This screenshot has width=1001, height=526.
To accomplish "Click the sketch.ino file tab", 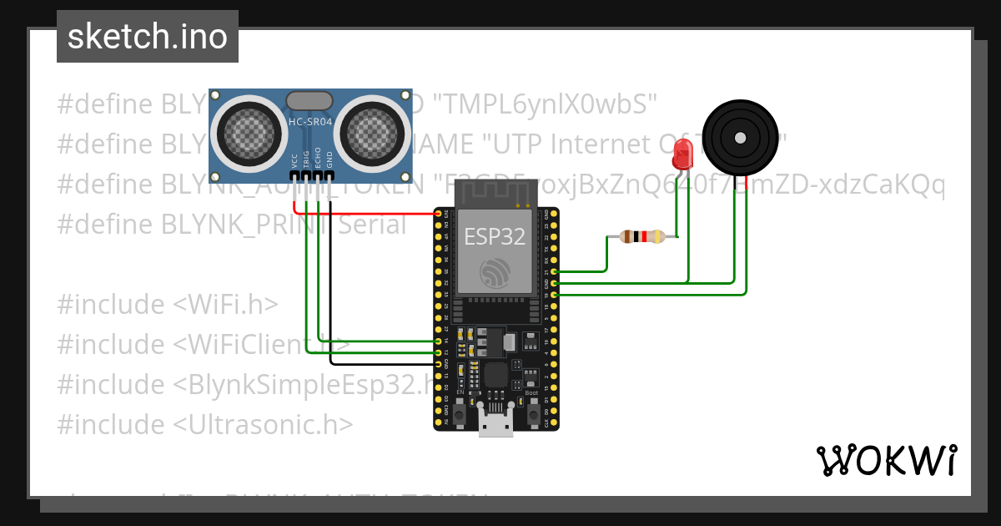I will (x=148, y=37).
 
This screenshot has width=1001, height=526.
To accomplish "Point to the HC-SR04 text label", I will (x=310, y=122).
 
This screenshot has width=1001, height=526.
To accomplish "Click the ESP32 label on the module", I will (x=495, y=236).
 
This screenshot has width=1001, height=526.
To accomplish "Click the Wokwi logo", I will (x=886, y=461).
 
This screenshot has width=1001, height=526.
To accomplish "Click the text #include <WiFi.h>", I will (x=168, y=305).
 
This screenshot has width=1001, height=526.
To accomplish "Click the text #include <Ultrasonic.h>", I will (x=205, y=425).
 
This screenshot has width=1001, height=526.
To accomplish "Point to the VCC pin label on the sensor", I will (x=294, y=160).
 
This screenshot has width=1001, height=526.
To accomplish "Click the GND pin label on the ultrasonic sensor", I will (x=329, y=160).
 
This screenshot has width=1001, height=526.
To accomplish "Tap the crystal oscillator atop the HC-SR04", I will (x=310, y=101).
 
